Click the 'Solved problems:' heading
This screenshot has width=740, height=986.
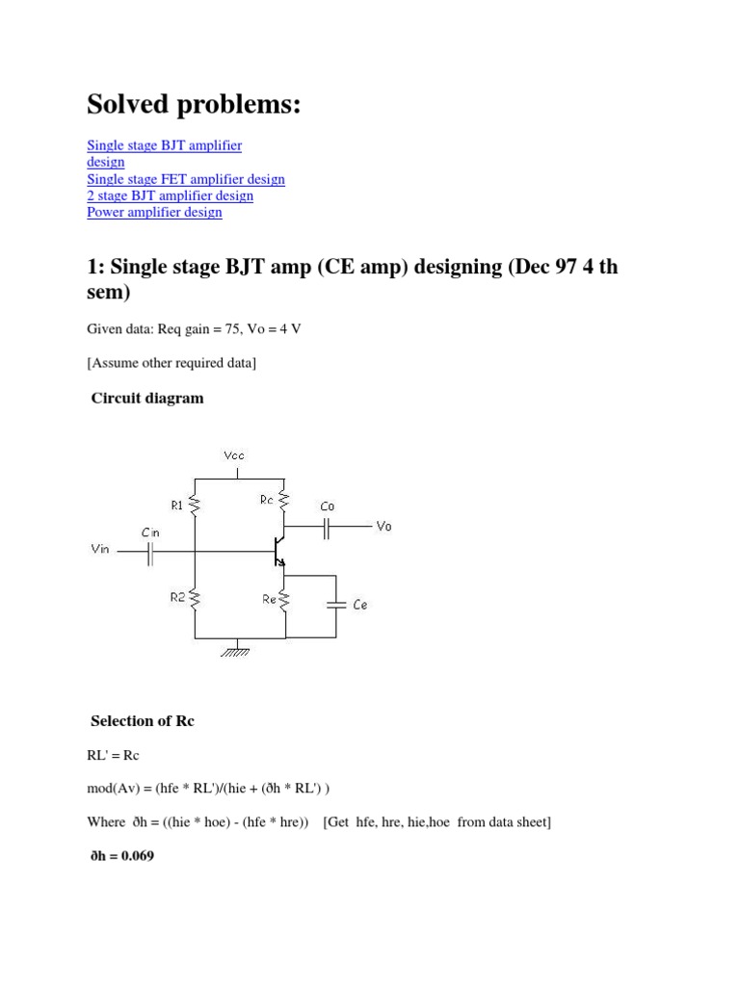[194, 105]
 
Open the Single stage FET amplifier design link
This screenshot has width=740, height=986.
[186, 179]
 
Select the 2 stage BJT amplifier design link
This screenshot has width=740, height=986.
[170, 195]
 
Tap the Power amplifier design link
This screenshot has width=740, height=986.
[154, 212]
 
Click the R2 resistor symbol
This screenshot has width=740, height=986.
[195, 599]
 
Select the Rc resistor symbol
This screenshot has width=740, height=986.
[285, 499]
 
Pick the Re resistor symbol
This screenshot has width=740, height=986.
[285, 600]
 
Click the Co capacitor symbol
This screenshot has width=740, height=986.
[328, 527]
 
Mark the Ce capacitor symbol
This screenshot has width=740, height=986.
[336, 605]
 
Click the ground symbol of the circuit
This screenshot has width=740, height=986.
[235, 650]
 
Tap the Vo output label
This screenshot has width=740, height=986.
[383, 527]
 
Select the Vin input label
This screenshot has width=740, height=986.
[99, 550]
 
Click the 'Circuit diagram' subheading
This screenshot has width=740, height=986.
[146, 398]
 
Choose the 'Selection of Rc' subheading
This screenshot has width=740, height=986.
[142, 720]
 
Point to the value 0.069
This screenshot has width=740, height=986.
[135, 854]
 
